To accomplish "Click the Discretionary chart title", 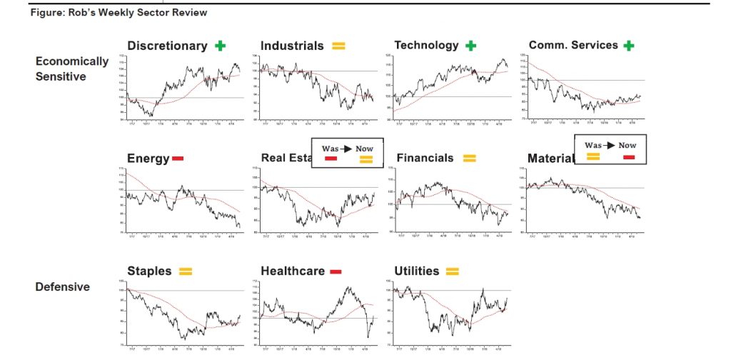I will (167, 46).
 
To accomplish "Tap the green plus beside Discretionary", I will (220, 46).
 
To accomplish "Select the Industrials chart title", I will (292, 46).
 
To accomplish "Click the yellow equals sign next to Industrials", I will (338, 46).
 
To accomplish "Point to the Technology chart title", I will (426, 46).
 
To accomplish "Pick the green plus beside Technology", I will (470, 46).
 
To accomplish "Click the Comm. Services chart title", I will (573, 46).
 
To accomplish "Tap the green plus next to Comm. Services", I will (628, 46).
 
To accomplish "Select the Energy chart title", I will (148, 159).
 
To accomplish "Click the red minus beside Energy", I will (178, 158).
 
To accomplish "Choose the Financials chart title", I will (425, 158).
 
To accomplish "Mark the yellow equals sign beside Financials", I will (469, 158).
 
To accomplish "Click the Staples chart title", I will (149, 271).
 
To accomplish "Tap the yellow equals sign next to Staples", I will (185, 271).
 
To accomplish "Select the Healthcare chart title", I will (293, 271).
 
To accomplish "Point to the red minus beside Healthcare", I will (336, 271).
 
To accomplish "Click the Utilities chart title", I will (417, 271).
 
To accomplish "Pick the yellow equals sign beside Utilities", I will (452, 271).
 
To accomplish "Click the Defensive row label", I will (63, 287).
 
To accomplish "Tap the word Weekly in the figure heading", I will (116, 13).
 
